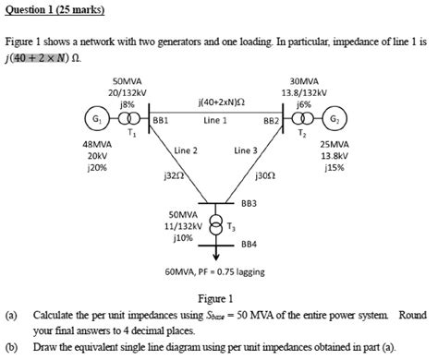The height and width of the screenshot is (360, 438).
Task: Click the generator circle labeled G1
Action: pyautogui.click(x=93, y=122)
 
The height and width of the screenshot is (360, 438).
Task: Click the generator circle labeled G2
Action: pyautogui.click(x=334, y=122)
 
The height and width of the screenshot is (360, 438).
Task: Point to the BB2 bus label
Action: pyautogui.click(x=271, y=120)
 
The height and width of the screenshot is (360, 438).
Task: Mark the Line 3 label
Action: pyautogui.click(x=246, y=149)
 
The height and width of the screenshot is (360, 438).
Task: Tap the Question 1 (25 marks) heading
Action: pyautogui.click(x=55, y=10)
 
